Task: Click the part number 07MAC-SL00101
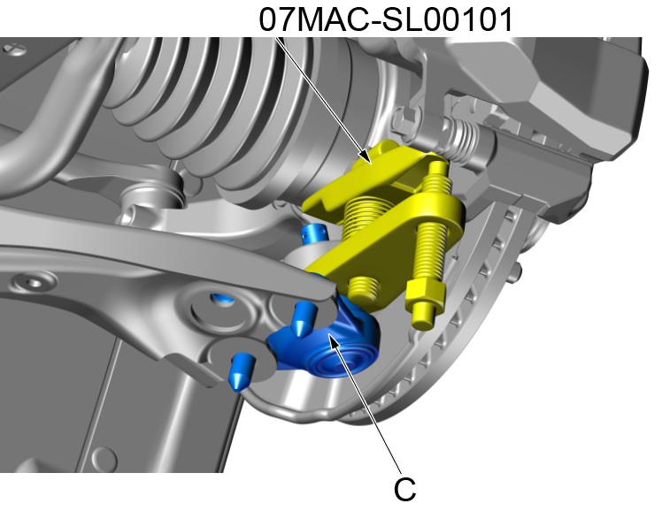coord(387,19)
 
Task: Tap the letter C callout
coord(404,487)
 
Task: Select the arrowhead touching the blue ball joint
coord(329,337)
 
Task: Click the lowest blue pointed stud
coord(242,372)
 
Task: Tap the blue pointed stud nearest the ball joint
coord(302,315)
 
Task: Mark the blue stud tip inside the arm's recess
coord(224,300)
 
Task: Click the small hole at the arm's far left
coord(33,283)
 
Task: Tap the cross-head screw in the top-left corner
coord(11,51)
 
